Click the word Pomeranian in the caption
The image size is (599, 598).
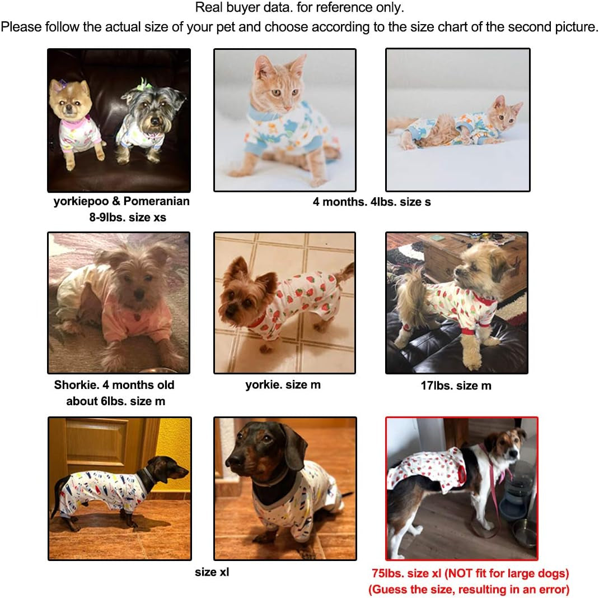click(156, 201)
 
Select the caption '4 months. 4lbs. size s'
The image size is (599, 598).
click(372, 202)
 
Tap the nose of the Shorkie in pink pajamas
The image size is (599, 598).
click(138, 294)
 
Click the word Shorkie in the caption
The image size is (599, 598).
click(76, 384)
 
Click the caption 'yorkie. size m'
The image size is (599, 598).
click(283, 384)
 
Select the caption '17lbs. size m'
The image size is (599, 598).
click(456, 386)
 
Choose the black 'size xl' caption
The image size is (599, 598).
click(212, 572)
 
